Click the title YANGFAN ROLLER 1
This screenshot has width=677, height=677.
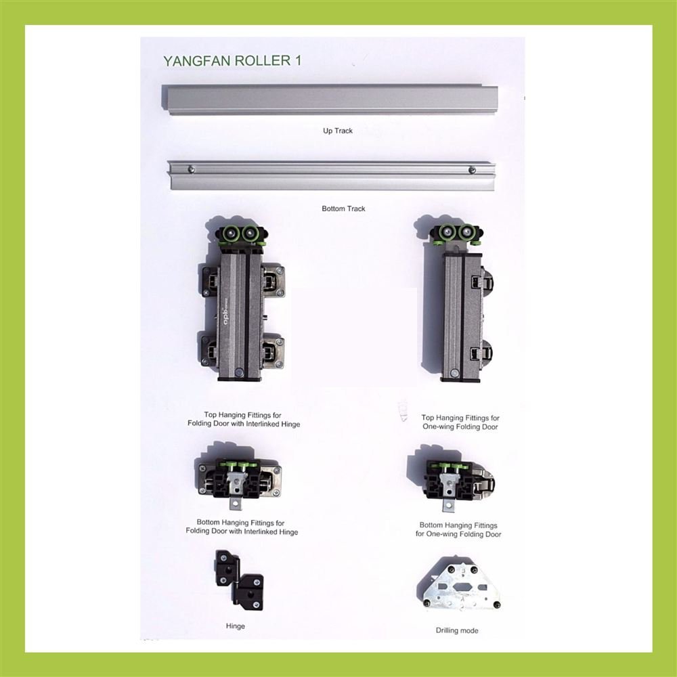click(232, 60)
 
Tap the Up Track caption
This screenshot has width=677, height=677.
click(338, 131)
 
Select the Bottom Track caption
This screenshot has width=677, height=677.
click(343, 209)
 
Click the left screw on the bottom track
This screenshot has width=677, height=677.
click(192, 169)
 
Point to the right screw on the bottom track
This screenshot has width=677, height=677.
click(472, 170)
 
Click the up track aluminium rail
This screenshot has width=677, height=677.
click(330, 100)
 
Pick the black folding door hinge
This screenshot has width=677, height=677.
click(239, 580)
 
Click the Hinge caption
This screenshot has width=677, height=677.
click(236, 626)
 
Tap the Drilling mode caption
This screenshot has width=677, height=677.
click(457, 630)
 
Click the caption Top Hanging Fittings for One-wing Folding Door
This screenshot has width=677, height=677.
click(460, 422)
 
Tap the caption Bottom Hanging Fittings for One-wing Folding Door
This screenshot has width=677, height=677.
click(458, 530)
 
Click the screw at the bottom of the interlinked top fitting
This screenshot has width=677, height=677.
click(239, 371)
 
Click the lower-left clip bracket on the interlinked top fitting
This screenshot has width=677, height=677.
click(209, 350)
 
